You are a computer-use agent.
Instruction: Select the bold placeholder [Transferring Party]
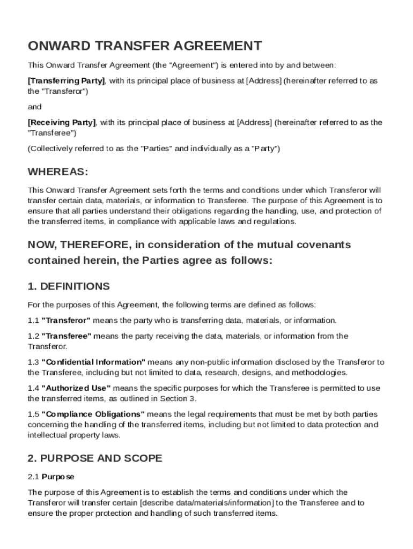[x=66, y=80]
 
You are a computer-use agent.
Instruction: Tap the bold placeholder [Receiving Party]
[x=62, y=122]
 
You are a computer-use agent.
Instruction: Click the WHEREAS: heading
[x=57, y=172]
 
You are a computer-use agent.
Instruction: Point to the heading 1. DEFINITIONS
[x=69, y=286]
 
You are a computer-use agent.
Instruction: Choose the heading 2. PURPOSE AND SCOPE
[x=94, y=458]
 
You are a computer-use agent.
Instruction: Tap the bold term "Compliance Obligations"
[x=93, y=414]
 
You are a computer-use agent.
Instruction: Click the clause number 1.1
[x=33, y=321]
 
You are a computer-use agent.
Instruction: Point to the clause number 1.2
[x=33, y=336]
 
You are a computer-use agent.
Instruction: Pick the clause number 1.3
[x=33, y=362]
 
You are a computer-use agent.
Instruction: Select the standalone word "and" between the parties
[x=34, y=107]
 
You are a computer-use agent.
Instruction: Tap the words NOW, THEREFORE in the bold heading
[x=78, y=245]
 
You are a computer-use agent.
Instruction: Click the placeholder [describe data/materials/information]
[x=206, y=503]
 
